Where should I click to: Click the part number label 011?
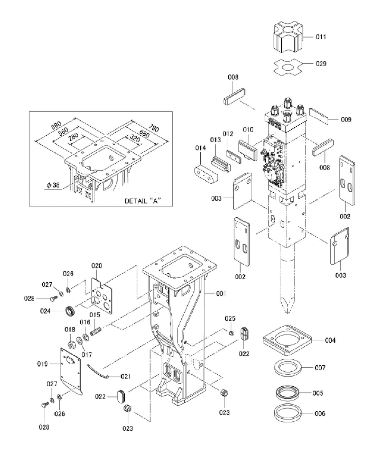point(321,37)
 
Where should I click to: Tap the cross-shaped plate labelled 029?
point(288,66)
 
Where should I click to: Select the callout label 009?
point(346,120)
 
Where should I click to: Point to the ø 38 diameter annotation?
point(53,185)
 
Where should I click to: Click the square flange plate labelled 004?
point(287,340)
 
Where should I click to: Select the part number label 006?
point(320,413)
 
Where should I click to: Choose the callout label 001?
point(221,294)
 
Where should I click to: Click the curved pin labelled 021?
point(97,371)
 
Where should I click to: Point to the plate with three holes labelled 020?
point(102,296)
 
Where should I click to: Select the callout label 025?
point(230,318)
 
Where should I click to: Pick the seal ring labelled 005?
point(287,393)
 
